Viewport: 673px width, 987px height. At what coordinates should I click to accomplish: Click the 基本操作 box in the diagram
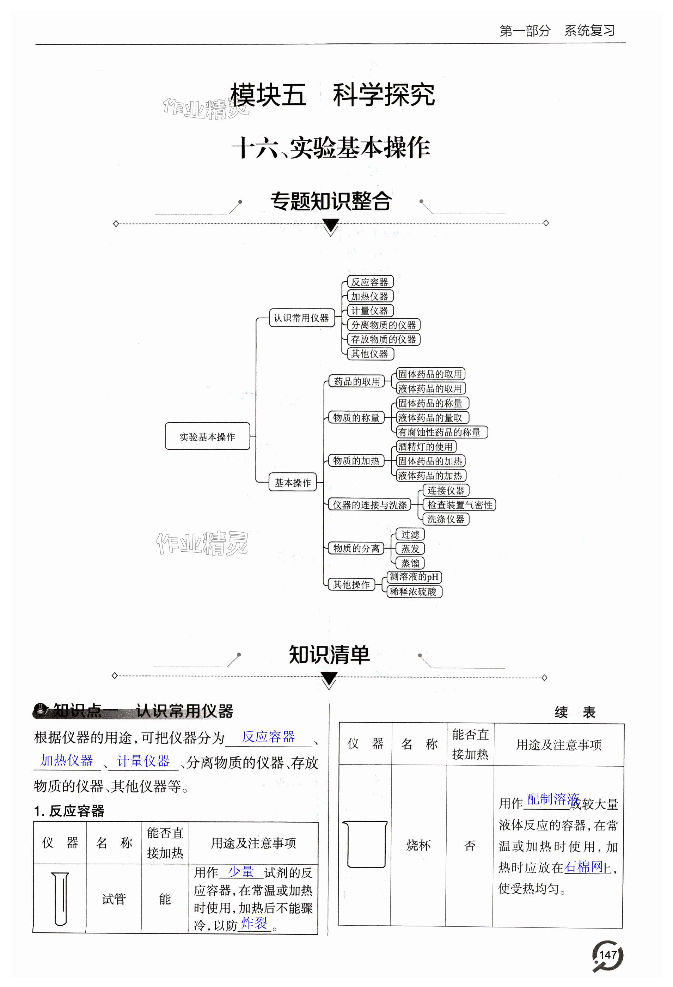coord(293,483)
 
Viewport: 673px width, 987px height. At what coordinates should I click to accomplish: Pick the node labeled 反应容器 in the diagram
coord(370,282)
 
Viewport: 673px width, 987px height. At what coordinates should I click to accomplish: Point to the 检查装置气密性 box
coord(459,504)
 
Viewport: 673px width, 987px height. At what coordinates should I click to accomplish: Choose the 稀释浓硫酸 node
coord(414,591)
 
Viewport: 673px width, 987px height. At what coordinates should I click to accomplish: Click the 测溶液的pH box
coord(414,577)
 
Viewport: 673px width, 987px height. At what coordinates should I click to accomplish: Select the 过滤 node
coord(410,534)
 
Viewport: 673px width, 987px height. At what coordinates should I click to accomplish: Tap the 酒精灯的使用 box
coord(426,446)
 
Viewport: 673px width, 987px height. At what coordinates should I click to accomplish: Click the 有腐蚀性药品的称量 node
coord(441,432)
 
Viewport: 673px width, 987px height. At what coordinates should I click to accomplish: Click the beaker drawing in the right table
coord(365,845)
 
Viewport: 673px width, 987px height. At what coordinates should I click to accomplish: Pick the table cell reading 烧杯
coord(418,845)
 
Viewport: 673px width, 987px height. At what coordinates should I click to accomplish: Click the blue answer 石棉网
coord(584,866)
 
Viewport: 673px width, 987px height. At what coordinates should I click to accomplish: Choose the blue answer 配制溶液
coord(552,799)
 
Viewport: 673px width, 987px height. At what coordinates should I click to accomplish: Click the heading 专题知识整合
coord(331,201)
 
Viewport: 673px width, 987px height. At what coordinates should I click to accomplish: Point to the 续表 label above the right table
coord(575,712)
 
